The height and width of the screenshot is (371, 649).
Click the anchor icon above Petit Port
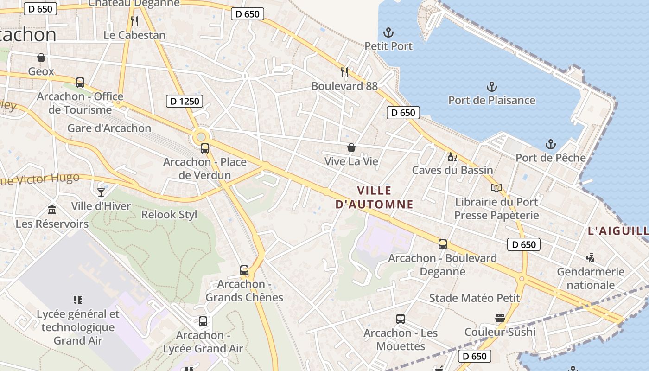point(388,32)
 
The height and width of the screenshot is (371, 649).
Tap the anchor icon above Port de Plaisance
point(491,87)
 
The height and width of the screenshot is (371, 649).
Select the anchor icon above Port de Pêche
point(550,144)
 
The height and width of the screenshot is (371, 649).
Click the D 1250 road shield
point(185,101)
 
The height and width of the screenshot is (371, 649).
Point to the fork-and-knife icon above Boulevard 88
point(344,72)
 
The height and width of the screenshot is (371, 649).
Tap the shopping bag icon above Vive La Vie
point(351,148)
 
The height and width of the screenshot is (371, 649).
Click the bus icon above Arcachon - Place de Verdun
point(205,148)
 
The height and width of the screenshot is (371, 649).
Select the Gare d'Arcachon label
point(109,128)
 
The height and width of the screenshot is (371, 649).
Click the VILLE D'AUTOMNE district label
point(374,198)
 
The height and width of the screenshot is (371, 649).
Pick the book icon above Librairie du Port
point(496,188)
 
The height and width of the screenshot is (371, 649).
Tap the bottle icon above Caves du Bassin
point(452,157)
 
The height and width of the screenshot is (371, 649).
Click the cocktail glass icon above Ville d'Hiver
point(101,192)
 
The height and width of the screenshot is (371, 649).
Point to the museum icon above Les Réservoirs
point(52,210)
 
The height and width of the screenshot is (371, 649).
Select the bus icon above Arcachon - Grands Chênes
point(244,270)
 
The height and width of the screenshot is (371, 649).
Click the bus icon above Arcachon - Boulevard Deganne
point(443,244)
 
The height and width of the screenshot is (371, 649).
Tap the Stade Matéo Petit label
point(475,298)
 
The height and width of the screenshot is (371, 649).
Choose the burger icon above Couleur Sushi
point(500,318)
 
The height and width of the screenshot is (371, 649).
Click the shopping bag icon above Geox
point(41,58)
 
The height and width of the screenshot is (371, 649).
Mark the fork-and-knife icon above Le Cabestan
point(134,21)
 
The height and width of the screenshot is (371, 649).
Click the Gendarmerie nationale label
point(591,278)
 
